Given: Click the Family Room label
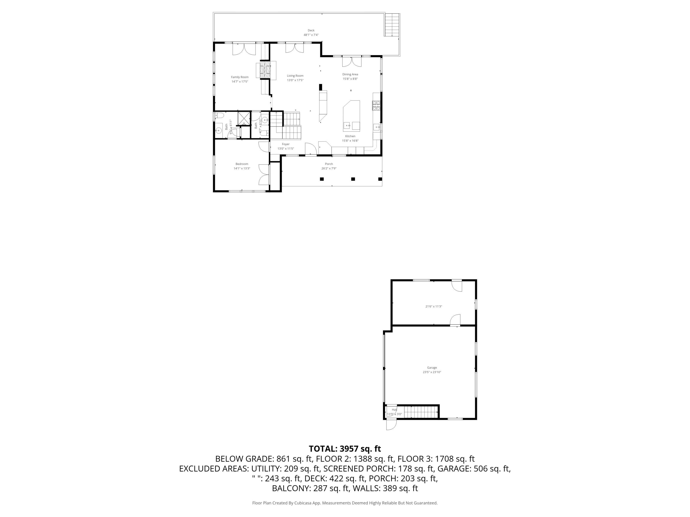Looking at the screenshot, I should pyautogui.click(x=240, y=77).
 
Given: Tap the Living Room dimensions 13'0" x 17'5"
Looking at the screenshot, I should pyautogui.click(x=295, y=80).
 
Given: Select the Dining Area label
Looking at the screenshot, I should pyautogui.click(x=350, y=74).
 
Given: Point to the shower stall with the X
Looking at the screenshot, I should pyautogui.click(x=244, y=118).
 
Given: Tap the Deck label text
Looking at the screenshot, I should pyautogui.click(x=311, y=30).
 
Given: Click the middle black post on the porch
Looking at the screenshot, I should pyautogui.click(x=353, y=179).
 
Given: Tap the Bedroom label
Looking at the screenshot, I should pyautogui.click(x=242, y=164).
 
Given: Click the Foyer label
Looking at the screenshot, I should pyautogui.click(x=285, y=144).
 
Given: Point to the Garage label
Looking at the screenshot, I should pyautogui.click(x=432, y=368).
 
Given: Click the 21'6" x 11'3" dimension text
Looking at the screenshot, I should pyautogui.click(x=434, y=306).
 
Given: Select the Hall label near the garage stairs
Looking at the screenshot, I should pyautogui.click(x=394, y=410).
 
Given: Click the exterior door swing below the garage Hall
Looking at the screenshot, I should pyautogui.click(x=391, y=424).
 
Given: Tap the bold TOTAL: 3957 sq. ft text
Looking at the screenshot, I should pyautogui.click(x=345, y=449).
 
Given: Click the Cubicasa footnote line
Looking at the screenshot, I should pyautogui.click(x=345, y=503).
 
